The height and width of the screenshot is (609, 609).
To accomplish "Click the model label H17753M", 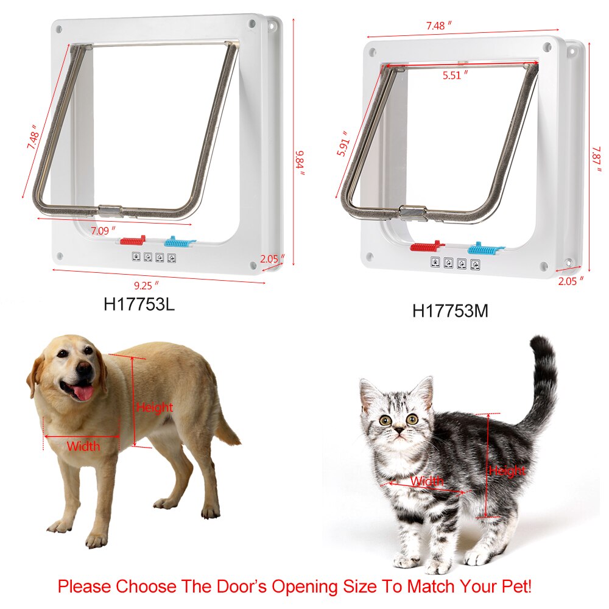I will (450, 311).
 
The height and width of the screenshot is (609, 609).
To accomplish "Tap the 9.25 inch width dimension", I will (147, 284).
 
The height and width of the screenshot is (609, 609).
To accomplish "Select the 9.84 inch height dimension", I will (299, 161).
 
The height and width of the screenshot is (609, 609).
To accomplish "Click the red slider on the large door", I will (132, 241).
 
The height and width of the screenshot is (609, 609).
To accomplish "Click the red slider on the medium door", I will (428, 247).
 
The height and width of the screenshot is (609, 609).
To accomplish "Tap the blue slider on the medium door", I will (486, 248).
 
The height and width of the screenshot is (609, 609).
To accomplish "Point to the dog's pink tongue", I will (83, 392).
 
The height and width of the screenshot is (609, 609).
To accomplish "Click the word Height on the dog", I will (155, 407).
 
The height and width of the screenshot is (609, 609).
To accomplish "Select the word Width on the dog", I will (83, 446).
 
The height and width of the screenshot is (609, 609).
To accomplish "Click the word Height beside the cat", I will (507, 471).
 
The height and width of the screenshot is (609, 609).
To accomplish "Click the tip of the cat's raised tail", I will (540, 341).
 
